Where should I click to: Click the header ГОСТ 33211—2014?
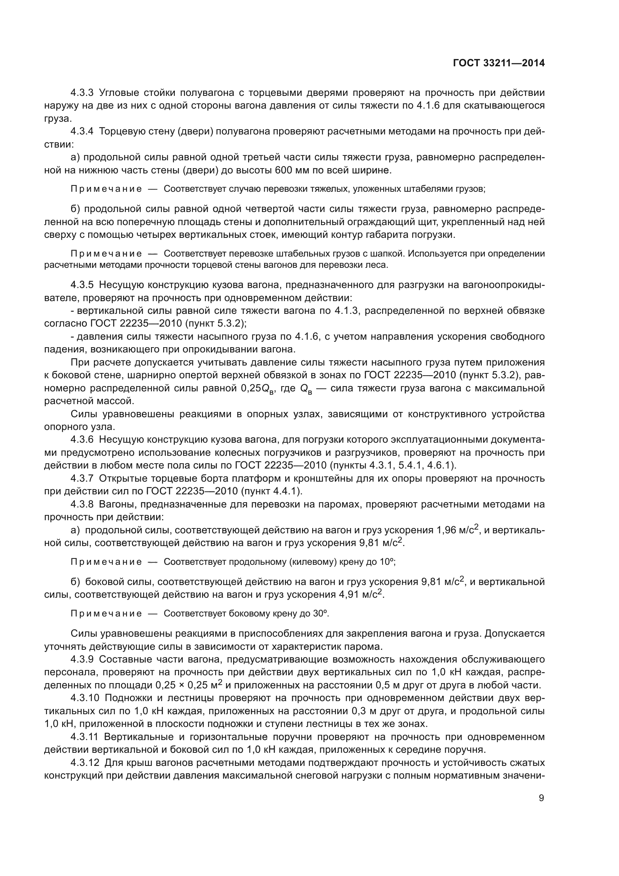pyautogui.click(x=498, y=63)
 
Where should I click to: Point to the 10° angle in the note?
pyautogui.click(x=387, y=562)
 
